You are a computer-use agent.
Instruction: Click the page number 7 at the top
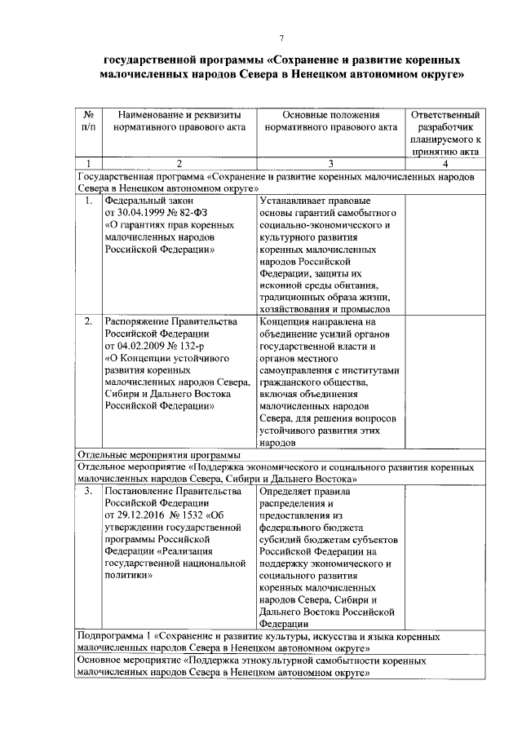(x=281, y=38)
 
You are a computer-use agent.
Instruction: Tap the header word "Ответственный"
(x=445, y=115)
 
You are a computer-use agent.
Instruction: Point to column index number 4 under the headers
(x=445, y=163)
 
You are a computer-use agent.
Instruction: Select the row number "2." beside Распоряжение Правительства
(x=88, y=322)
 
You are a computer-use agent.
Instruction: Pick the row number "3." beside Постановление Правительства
(x=88, y=492)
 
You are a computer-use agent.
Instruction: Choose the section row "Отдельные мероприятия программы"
(x=158, y=454)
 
